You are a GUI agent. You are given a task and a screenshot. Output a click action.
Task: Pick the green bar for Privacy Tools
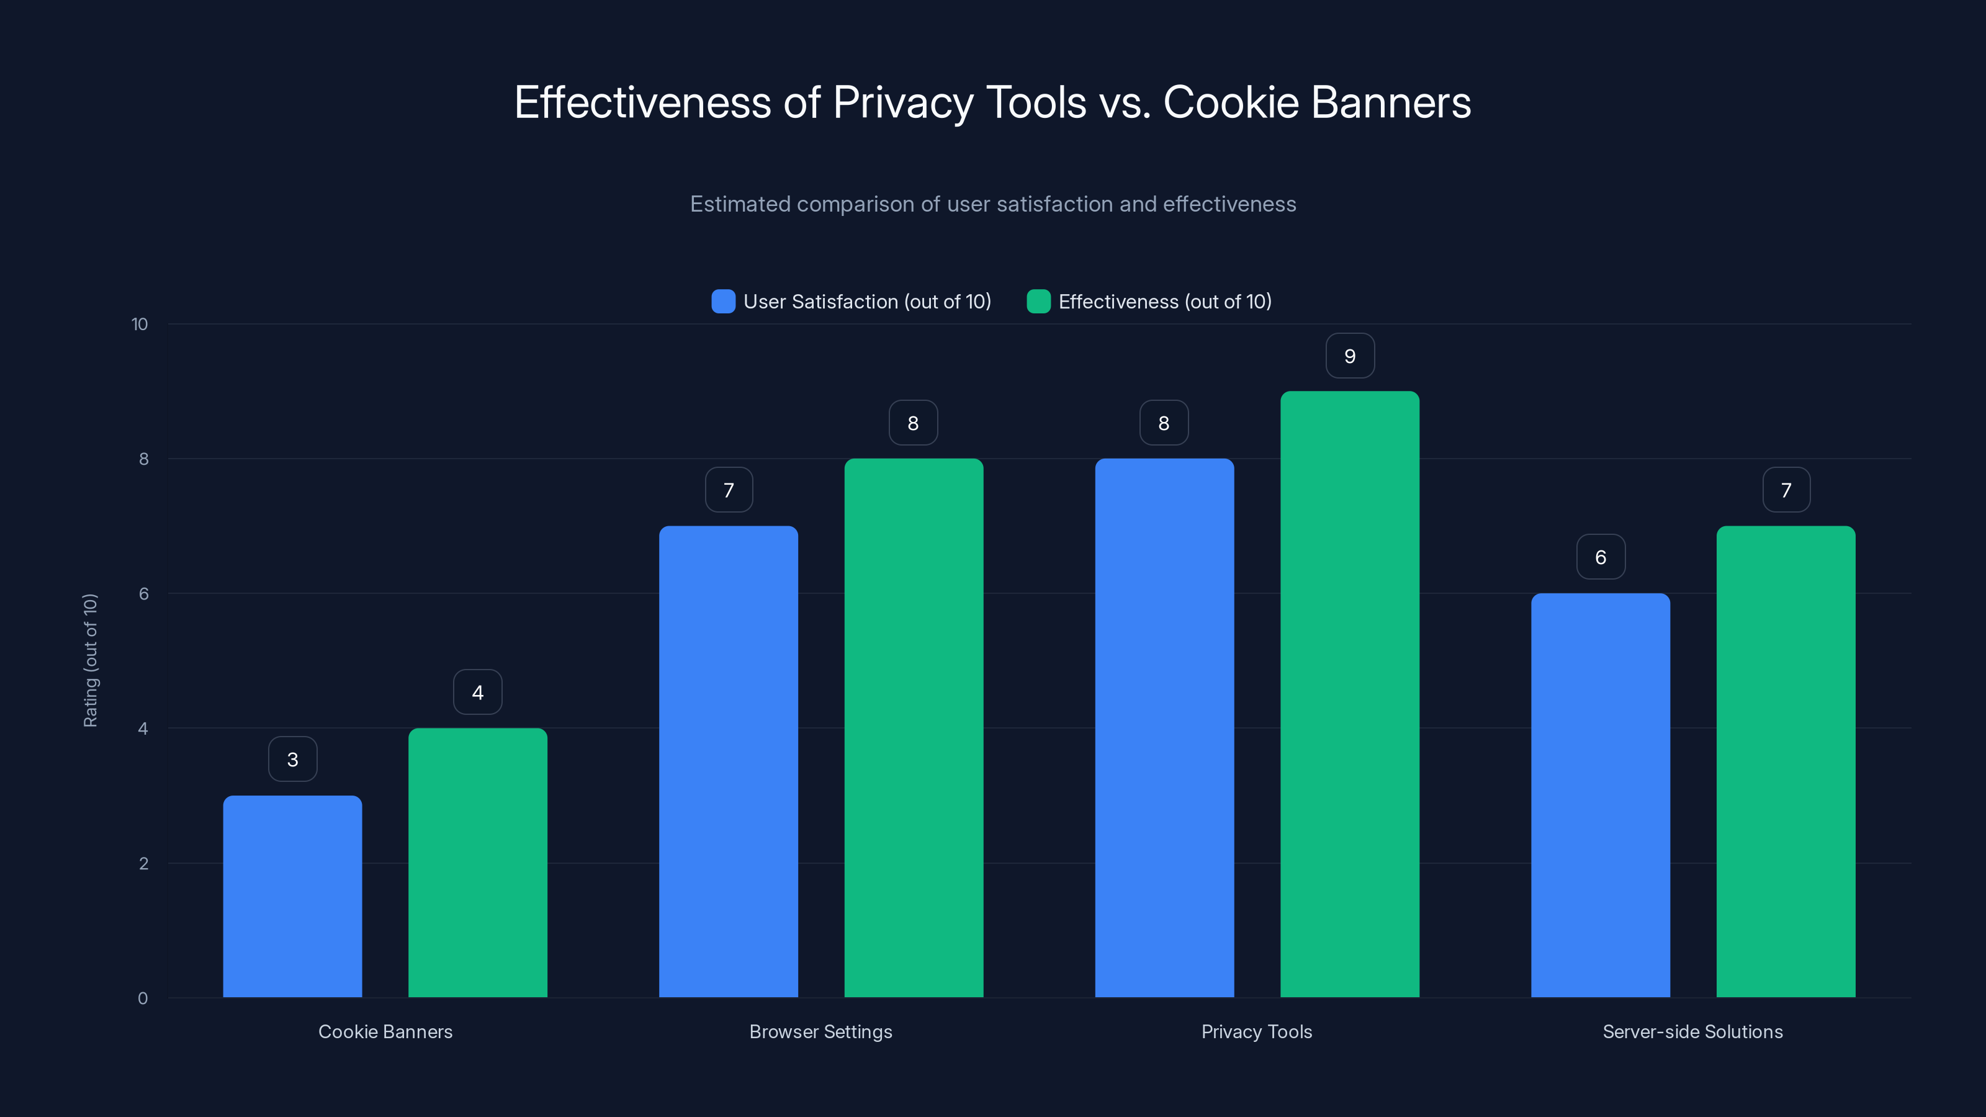[x=1349, y=694]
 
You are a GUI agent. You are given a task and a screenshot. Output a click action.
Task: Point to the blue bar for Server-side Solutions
[x=1600, y=795]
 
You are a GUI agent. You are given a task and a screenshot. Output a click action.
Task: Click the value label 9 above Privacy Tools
[x=1349, y=356]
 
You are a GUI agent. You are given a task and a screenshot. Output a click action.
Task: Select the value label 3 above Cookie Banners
[x=292, y=760]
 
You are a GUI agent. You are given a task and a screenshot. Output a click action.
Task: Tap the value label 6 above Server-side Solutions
[x=1601, y=557]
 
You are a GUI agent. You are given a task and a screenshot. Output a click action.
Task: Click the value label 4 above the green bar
[x=477, y=693]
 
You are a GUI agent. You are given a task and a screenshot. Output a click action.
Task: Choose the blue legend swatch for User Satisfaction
[x=723, y=302]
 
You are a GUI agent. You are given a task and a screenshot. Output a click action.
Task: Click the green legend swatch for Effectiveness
[x=1038, y=302]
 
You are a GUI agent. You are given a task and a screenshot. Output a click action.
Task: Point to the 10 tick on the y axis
[x=140, y=325]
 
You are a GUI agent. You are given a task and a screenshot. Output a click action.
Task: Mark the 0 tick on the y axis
[x=143, y=998]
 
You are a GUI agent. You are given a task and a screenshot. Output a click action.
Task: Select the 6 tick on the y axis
[x=143, y=594]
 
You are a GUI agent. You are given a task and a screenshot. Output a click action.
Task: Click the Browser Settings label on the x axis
[x=820, y=1031]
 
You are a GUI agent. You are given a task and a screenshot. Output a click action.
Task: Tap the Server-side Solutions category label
[x=1692, y=1031]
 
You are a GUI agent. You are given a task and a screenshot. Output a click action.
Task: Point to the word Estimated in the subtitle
[x=739, y=204]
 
